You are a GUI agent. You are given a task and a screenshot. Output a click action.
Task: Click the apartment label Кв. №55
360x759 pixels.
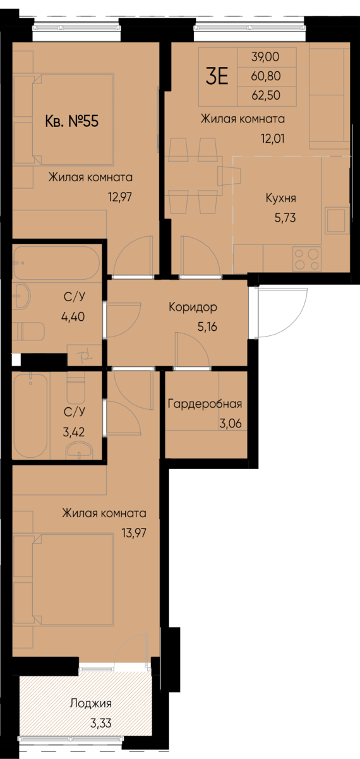[x=72, y=121]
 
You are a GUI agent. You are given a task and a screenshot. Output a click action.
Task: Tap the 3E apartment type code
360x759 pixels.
[x=217, y=76]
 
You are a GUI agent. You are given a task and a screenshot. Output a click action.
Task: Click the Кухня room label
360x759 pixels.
[x=281, y=198]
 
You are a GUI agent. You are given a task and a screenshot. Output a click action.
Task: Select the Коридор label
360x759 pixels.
[x=193, y=308]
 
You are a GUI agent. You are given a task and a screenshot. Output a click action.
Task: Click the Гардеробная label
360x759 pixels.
[x=205, y=405]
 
